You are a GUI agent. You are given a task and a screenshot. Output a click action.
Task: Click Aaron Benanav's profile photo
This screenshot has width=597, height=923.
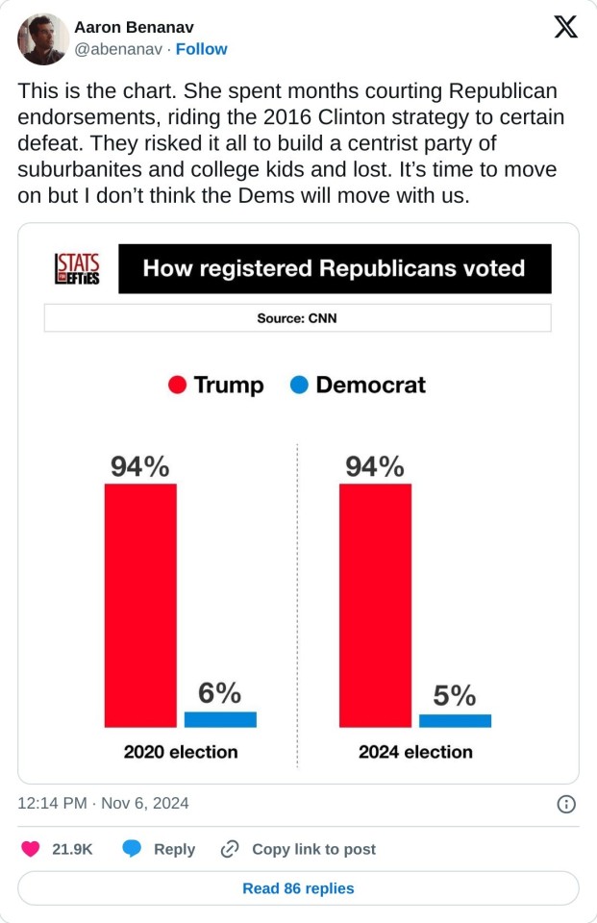click(43, 39)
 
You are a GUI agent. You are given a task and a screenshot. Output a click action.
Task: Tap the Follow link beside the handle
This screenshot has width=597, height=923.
click(202, 49)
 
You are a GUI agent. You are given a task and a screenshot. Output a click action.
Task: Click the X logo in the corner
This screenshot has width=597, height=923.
click(566, 28)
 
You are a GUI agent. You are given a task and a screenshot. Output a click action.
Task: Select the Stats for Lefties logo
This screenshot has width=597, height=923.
click(77, 268)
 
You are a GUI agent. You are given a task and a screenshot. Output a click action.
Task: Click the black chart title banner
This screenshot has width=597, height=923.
click(335, 268)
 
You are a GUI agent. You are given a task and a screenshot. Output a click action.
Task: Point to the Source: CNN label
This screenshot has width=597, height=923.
click(297, 318)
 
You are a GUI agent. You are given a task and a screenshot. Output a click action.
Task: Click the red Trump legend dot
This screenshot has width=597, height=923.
click(177, 386)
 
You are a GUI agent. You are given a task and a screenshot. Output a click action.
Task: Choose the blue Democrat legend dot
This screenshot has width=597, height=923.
click(299, 386)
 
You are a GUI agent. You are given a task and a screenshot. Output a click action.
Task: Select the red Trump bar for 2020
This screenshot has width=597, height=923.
click(140, 605)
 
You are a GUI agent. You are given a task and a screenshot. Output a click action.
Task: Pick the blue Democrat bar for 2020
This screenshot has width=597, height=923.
click(220, 719)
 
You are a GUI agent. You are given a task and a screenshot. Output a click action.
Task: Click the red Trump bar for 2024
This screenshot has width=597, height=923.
click(375, 605)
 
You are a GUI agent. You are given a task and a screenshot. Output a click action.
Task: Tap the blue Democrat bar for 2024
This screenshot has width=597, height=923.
click(455, 720)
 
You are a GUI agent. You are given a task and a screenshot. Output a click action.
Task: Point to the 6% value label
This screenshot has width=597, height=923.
click(220, 692)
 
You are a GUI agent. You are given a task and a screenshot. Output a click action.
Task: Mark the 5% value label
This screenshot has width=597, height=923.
click(455, 695)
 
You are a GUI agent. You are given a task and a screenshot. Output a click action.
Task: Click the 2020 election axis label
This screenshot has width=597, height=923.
click(181, 752)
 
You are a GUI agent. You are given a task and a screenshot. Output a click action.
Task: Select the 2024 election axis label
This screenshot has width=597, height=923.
click(415, 752)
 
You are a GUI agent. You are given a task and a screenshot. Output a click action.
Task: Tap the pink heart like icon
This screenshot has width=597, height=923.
click(31, 849)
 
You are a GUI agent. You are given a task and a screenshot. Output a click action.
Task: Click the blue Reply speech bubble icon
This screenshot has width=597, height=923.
click(133, 849)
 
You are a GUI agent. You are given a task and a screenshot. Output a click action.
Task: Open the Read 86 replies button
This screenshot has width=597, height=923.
click(298, 888)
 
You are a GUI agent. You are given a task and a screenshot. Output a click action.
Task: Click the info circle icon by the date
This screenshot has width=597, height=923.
click(566, 804)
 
